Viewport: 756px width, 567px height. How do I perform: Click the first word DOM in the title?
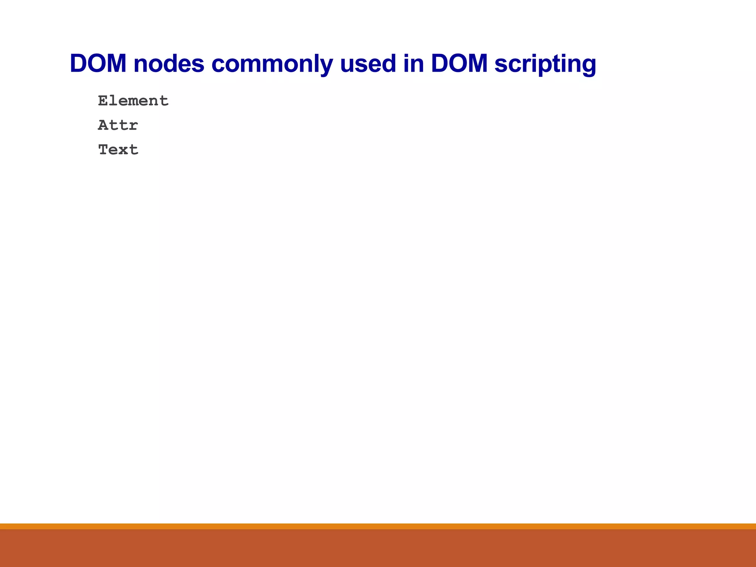(x=98, y=63)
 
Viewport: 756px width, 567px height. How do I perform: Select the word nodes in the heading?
(x=169, y=63)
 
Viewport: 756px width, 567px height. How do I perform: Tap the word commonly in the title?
(x=272, y=63)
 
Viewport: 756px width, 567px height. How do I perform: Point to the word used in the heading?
(x=368, y=63)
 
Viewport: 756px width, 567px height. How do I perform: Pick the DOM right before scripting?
(x=459, y=63)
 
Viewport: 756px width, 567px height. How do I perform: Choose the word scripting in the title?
(x=545, y=63)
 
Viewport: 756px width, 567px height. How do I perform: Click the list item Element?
(x=133, y=101)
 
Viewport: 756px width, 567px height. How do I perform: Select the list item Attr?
(x=118, y=125)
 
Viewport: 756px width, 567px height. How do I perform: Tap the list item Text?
(x=118, y=150)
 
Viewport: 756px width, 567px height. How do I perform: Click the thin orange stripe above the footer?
(x=378, y=526)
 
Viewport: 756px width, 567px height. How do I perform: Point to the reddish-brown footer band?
(x=378, y=548)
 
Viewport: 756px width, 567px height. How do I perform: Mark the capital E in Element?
(x=103, y=101)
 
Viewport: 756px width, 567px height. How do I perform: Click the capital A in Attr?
(x=103, y=125)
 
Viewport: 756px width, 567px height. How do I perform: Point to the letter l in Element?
(x=113, y=100)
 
